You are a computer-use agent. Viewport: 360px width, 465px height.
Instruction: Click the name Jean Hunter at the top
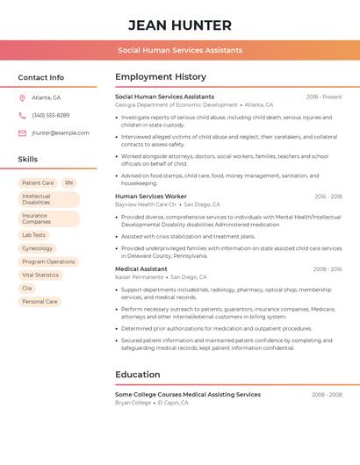point(180,25)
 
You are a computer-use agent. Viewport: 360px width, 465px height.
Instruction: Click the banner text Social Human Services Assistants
point(180,50)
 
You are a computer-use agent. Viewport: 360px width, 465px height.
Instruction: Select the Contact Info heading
point(41,77)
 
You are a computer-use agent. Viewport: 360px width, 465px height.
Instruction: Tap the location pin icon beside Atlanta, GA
point(22,97)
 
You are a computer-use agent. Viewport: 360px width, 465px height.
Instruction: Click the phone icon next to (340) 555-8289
point(22,115)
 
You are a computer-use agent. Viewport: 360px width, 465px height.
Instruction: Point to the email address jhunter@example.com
point(61,132)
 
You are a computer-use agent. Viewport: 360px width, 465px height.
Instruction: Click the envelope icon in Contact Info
point(22,132)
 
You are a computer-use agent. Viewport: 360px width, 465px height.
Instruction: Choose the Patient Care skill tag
point(38,182)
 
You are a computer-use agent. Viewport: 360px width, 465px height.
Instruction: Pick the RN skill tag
point(69,182)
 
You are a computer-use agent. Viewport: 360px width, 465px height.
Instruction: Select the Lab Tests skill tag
point(34,235)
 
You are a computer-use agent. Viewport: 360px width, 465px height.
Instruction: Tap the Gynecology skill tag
point(37,248)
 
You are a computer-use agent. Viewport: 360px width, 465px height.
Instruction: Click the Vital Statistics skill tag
point(40,275)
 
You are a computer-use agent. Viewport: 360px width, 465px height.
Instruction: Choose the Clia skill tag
point(27,288)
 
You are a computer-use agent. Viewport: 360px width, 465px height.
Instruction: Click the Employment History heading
point(161,77)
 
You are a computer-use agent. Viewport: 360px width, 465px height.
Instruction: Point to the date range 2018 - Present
point(324,97)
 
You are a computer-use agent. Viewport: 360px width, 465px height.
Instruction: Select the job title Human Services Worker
point(151,197)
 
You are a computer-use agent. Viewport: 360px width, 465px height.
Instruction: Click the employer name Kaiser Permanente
point(140,276)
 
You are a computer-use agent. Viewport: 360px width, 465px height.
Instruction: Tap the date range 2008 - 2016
point(328,268)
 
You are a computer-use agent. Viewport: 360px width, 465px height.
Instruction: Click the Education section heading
point(138,375)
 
